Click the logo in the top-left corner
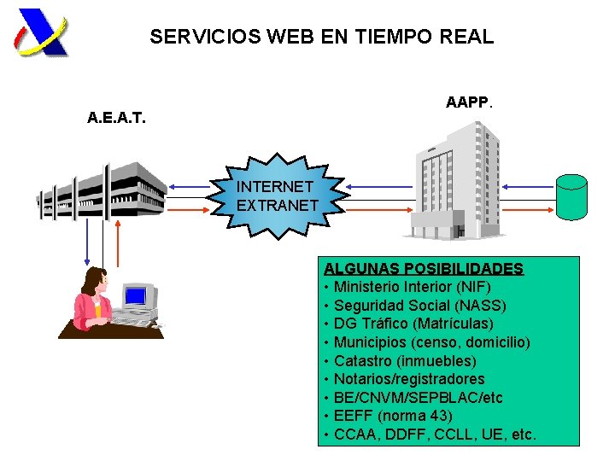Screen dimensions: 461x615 (41, 32)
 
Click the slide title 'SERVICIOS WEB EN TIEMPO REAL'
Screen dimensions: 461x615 (321, 38)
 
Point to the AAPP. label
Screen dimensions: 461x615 (469, 102)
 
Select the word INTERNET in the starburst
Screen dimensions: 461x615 (275, 186)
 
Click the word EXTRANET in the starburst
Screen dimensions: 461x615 (278, 206)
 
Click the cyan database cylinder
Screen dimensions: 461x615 (571, 196)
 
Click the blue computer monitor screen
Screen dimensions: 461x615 (135, 296)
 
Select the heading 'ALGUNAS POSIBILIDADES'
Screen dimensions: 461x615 (424, 269)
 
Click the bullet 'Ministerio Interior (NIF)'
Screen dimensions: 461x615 (412, 287)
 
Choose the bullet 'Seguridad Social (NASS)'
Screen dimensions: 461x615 (419, 306)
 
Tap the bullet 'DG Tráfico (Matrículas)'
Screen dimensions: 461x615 (413, 324)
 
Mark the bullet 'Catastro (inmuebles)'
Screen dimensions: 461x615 (405, 361)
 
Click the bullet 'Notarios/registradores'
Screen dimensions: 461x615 (409, 379)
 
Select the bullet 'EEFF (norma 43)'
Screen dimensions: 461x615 (393, 416)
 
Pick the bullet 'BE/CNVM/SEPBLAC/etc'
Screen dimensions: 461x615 (419, 398)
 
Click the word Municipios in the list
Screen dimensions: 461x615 (369, 342)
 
